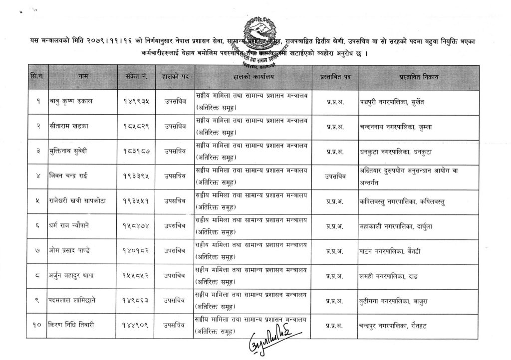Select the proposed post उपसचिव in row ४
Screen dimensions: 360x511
332,176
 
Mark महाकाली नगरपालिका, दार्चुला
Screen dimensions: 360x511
398,226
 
